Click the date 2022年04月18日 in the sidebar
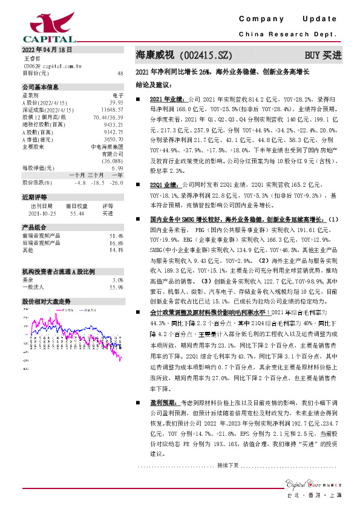click(47, 50)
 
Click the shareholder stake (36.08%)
click(114, 161)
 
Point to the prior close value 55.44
click(76, 213)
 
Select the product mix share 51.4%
click(116, 235)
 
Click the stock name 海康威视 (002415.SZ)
click(184, 55)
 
